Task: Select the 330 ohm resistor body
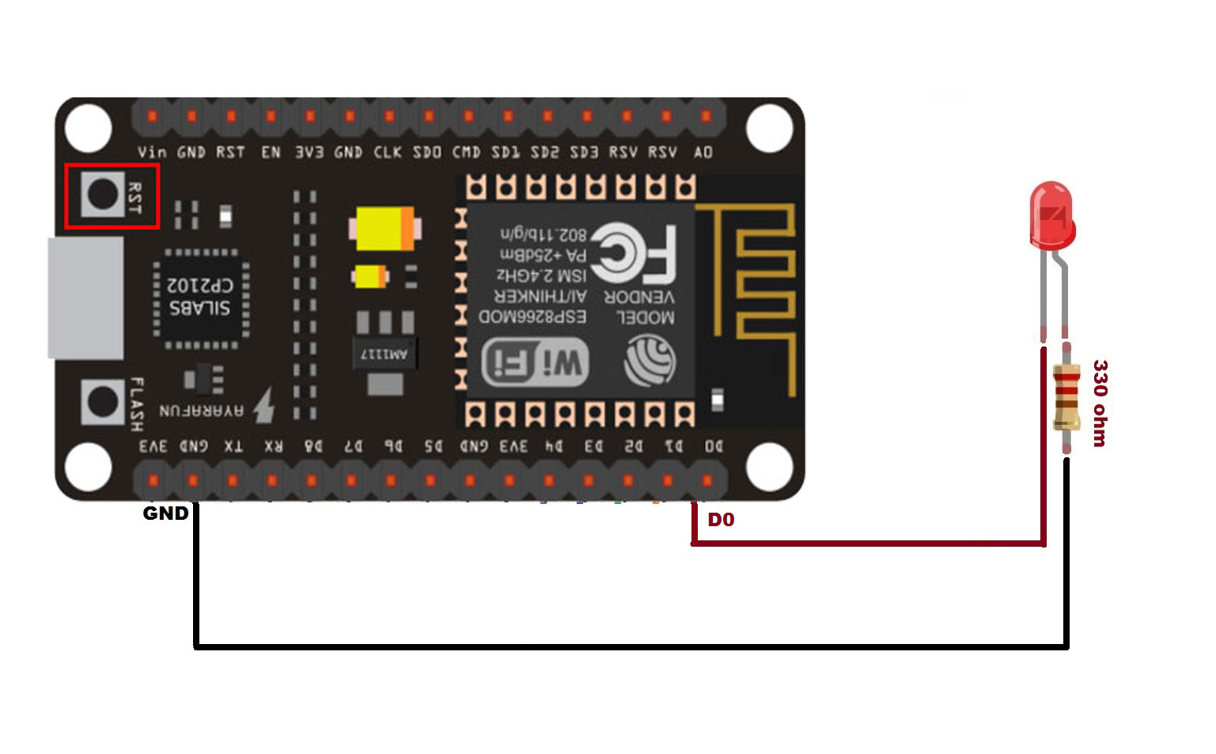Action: coord(1066,396)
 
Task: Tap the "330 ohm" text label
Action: coord(1100,403)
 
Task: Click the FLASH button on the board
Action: coord(102,402)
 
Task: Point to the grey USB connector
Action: coord(85,297)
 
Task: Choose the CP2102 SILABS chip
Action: coord(201,297)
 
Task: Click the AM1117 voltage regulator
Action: coord(384,353)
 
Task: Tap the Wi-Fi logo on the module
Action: coord(536,363)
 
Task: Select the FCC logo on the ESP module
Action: coord(634,253)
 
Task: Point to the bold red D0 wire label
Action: coord(721,520)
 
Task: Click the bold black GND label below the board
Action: coord(165,513)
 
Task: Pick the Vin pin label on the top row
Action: coord(152,152)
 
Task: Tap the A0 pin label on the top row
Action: coord(703,152)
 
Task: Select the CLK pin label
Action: coord(388,152)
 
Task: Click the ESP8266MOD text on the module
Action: coord(533,316)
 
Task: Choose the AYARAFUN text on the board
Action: coord(201,411)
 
